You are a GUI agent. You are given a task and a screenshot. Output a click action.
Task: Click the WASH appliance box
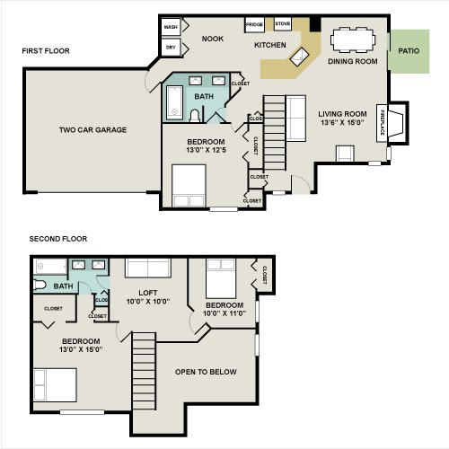(171, 27)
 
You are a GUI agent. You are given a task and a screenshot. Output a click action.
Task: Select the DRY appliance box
(171, 47)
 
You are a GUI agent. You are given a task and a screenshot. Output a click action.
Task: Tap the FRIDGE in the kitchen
(254, 24)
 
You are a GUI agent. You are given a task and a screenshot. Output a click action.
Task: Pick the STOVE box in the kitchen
(283, 23)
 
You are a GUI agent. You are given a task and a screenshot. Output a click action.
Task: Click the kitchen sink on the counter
(299, 57)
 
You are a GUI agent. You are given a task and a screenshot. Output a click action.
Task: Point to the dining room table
(353, 40)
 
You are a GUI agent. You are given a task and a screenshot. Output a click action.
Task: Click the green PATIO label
(409, 51)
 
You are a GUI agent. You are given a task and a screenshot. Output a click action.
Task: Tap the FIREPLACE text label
(383, 123)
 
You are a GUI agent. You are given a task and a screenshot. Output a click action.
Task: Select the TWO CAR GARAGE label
(92, 130)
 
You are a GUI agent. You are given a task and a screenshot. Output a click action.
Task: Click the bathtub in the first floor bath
(174, 103)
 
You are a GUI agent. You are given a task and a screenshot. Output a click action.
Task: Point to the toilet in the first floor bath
(195, 116)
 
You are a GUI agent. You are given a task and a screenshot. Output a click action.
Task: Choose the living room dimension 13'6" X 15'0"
(342, 122)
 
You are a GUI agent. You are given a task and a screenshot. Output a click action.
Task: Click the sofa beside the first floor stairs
(296, 118)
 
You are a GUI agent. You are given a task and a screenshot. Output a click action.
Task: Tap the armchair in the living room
(345, 154)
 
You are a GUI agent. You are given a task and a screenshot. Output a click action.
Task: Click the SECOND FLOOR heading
(58, 239)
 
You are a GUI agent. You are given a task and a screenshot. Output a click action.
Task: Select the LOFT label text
(148, 293)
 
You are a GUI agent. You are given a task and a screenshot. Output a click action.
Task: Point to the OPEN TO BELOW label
(206, 372)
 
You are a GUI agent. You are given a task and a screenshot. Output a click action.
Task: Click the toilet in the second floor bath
(40, 285)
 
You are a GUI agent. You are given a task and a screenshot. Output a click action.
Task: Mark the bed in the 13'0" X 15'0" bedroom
(55, 385)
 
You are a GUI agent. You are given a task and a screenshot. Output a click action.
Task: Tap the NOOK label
(213, 39)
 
